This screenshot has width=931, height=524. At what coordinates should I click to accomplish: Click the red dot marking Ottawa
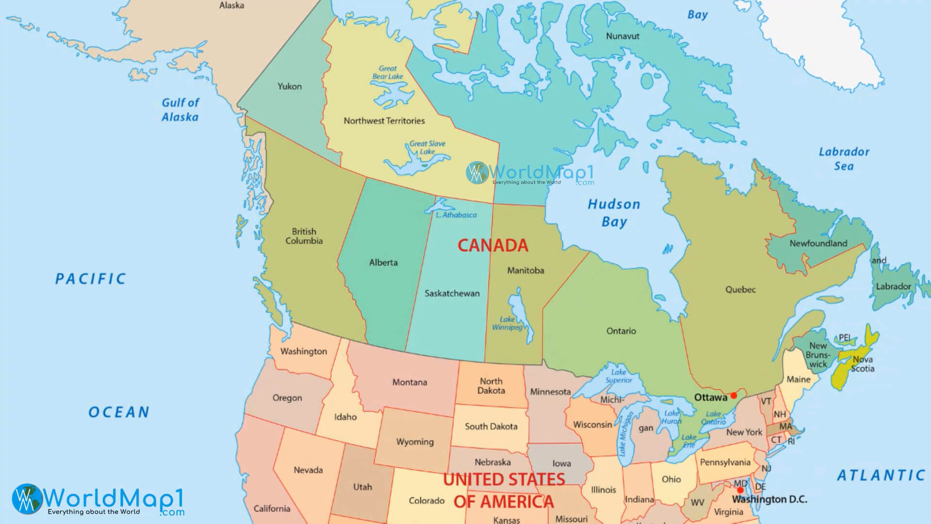point(734,395)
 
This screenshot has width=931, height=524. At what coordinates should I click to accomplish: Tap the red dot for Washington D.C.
point(740,490)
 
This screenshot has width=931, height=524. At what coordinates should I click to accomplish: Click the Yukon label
point(289,86)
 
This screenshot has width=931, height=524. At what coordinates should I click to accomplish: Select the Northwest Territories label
point(384,121)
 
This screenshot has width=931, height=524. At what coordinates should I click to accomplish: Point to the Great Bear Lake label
point(387,72)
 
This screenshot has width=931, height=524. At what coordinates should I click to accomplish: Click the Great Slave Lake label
point(427,147)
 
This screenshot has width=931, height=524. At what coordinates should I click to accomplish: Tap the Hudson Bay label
point(614,213)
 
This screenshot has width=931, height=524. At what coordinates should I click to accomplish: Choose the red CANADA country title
point(493,246)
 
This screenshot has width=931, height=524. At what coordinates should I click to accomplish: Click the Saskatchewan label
point(452,293)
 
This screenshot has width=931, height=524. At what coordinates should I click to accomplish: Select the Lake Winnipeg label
point(507,323)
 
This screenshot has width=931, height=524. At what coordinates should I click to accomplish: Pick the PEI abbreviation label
point(845,338)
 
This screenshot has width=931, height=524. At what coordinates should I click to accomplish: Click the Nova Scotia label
point(863,364)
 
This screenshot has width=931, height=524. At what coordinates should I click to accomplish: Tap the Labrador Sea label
point(844,159)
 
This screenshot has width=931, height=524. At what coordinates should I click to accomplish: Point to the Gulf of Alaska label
point(180,110)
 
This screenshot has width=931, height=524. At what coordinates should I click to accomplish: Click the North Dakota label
point(491,386)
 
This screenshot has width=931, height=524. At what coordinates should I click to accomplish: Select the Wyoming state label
point(415,442)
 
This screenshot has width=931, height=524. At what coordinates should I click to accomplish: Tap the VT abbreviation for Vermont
point(766,401)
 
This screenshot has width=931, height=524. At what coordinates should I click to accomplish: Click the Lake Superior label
point(618,376)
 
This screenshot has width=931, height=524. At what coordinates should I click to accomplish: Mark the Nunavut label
point(623,36)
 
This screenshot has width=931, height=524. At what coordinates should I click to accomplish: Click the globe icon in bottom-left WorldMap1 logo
point(27,498)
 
